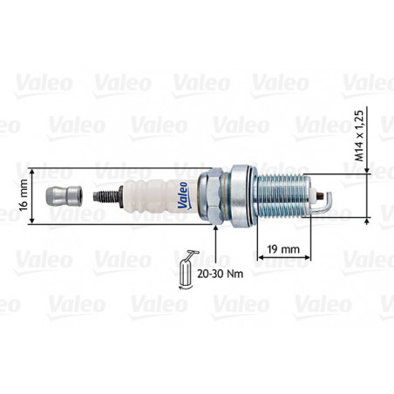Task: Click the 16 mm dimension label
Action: pos(23,195)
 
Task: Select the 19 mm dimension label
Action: pos(283,248)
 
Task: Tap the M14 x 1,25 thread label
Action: pos(359,136)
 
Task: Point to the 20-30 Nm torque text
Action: pos(220,274)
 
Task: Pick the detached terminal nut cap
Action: pos(64,196)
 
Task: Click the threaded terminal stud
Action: pos(106,196)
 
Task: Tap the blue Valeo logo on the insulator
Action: pos(183,196)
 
